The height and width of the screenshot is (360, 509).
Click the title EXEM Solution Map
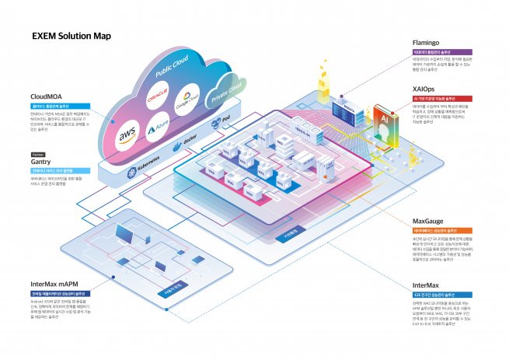pyautogui.click(x=71, y=35)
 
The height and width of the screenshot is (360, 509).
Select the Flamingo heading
pyautogui.click(x=428, y=44)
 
